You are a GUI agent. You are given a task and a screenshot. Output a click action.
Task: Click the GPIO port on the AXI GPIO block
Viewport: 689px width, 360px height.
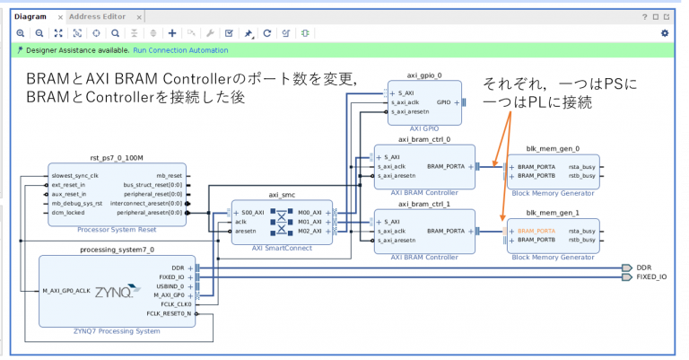[443, 102]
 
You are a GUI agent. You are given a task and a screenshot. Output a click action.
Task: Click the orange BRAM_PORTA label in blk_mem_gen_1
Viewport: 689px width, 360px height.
[536, 232]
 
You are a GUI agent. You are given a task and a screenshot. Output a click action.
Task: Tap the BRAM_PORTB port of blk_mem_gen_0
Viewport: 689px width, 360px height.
[536, 176]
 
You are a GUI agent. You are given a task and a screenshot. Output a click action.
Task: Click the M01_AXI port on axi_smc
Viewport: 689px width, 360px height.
[310, 221]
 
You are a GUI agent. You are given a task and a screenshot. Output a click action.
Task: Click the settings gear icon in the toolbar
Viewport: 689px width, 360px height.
[665, 33]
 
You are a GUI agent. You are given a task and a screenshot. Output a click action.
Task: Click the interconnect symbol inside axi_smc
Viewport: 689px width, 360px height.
[282, 220]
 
